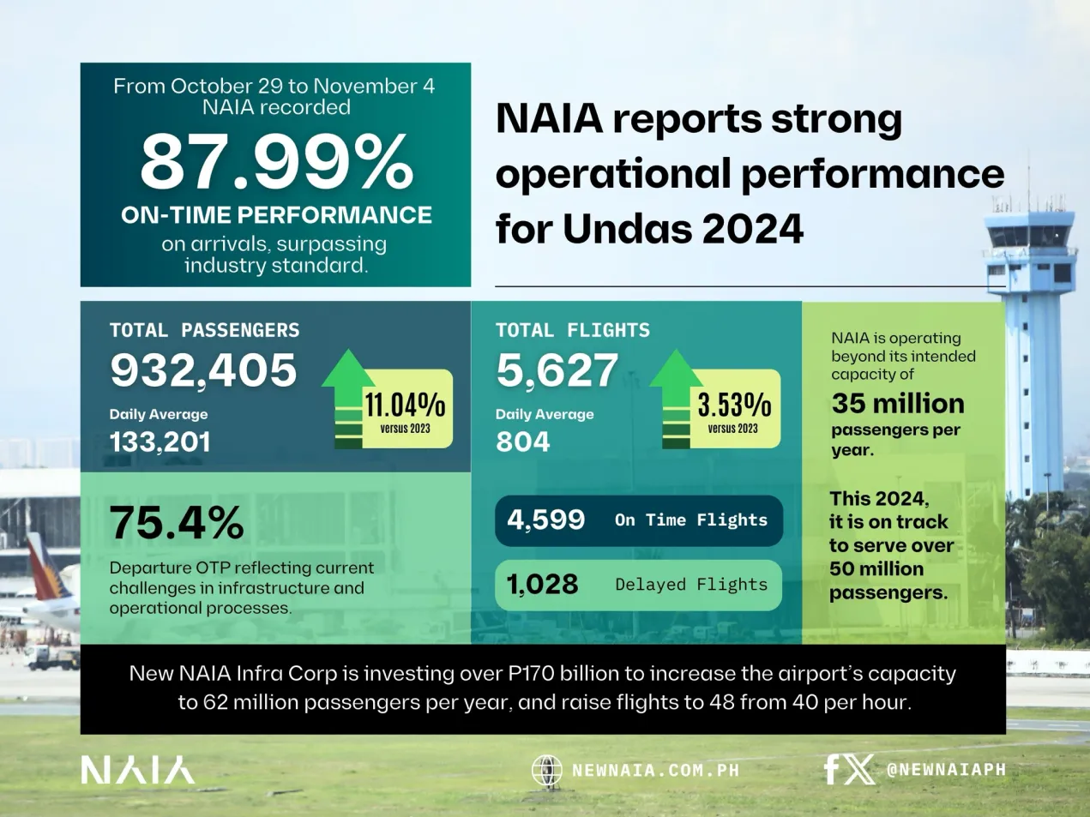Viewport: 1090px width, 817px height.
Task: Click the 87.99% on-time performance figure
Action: point(276,162)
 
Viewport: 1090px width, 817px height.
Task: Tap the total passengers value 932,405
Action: point(203,370)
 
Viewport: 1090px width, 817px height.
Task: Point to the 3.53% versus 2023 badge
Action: point(734,409)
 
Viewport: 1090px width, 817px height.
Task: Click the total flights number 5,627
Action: point(557,370)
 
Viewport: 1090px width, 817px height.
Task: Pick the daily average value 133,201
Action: point(160,442)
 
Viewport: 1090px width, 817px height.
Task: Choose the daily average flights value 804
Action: point(522,442)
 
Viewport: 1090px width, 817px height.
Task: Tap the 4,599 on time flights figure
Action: point(546,520)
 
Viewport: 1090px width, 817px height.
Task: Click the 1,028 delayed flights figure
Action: point(542,585)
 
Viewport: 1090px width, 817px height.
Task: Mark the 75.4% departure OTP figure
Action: point(177,522)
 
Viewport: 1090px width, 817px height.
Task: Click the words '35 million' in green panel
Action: point(898,404)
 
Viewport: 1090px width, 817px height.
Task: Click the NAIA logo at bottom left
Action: point(137,770)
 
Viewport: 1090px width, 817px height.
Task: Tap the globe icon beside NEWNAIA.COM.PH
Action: point(546,770)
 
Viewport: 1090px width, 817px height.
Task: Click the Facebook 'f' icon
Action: point(831,770)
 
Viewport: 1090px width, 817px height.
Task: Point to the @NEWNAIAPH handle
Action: point(946,770)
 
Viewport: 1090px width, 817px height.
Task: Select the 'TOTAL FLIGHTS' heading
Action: point(572,330)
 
